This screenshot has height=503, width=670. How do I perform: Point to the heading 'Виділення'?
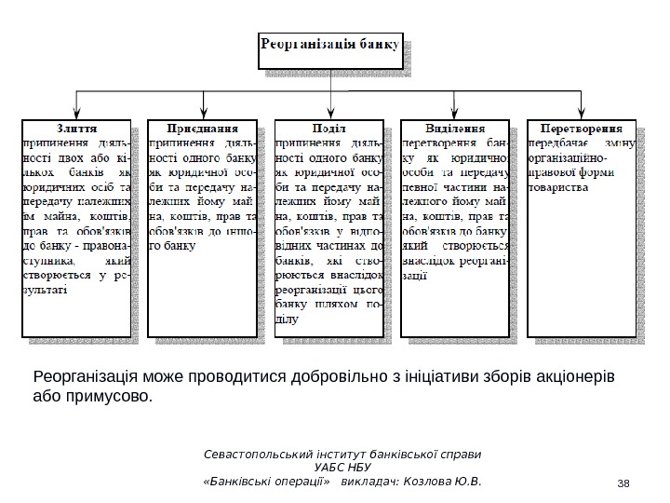tap(455, 128)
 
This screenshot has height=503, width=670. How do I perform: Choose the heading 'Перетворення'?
tap(583, 128)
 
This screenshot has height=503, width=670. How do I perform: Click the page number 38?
tap(623, 482)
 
